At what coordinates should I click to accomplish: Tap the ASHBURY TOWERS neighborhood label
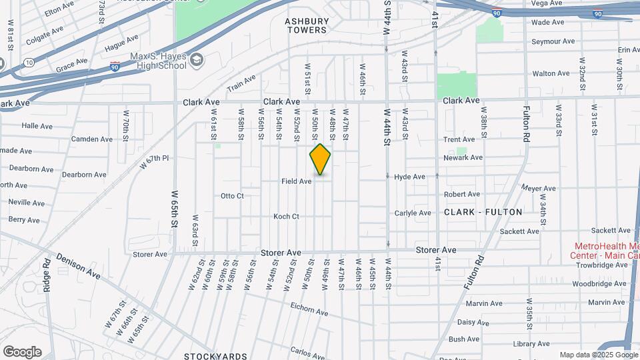tap(307, 25)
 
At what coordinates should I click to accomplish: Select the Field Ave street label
tap(297, 181)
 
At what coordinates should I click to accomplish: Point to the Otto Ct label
tap(232, 196)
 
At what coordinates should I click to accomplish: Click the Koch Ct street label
tap(286, 217)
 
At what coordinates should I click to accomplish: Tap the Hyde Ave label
tap(409, 177)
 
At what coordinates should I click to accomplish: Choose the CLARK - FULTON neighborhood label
tap(483, 212)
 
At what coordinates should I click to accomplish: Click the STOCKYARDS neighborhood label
tap(215, 356)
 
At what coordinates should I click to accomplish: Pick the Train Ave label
tap(241, 83)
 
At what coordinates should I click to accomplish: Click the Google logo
tap(22, 352)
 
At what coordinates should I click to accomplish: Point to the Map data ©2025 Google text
tap(598, 355)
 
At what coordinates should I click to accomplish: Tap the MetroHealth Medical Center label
tap(603, 251)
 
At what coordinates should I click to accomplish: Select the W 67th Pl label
tap(155, 162)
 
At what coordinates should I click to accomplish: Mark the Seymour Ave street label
tap(553, 41)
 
